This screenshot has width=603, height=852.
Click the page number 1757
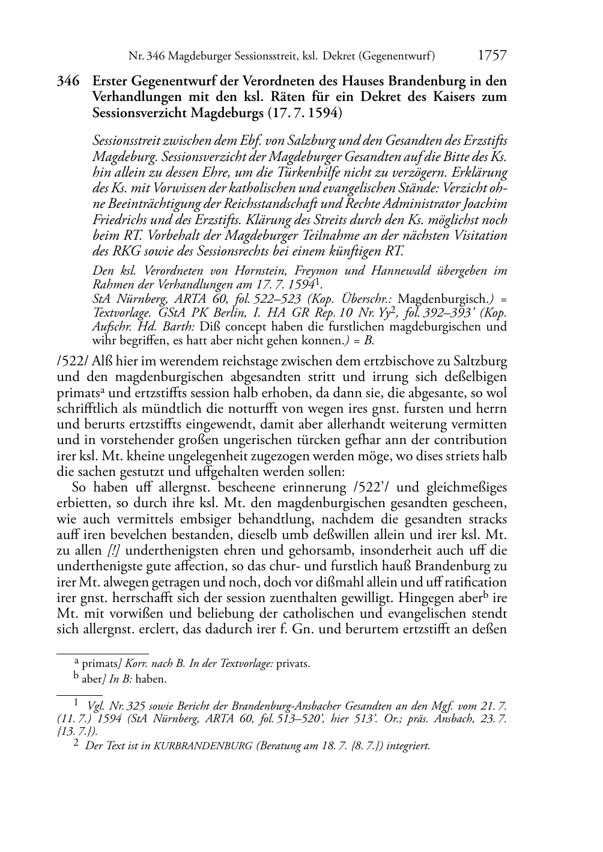point(492,56)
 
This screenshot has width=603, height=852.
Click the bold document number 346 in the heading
point(68,81)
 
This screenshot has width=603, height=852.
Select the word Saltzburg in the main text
point(482,362)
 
